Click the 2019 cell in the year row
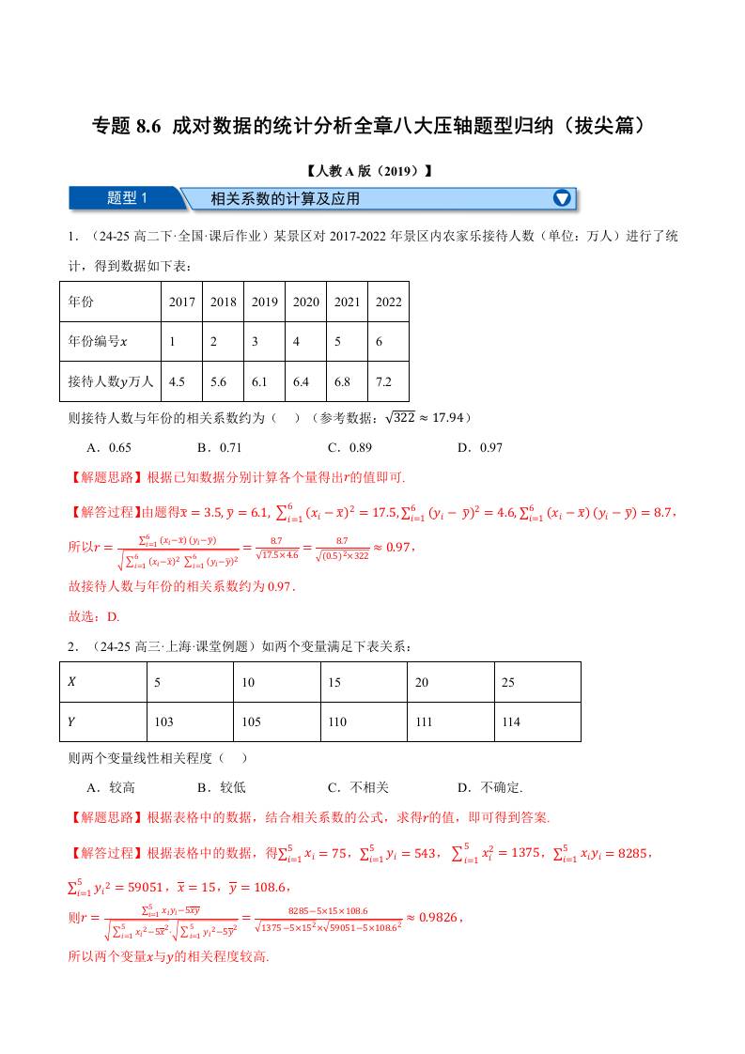265,302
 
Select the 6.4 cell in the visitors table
306,382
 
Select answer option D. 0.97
479,447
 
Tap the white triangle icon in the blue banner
562,198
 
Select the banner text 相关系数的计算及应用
285,199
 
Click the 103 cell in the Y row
163,721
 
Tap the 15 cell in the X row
334,682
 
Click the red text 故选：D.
95,617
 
